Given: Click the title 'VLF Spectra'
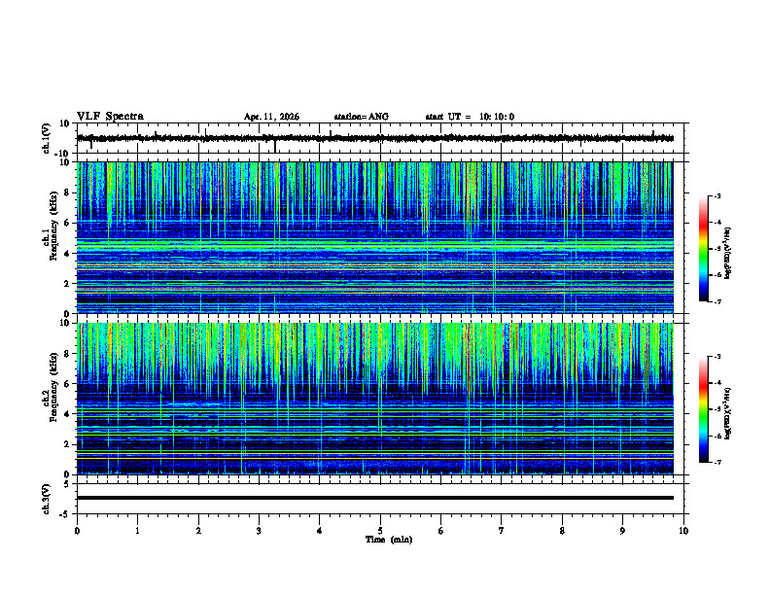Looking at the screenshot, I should point(110,117).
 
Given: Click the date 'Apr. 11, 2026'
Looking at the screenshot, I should point(271,117).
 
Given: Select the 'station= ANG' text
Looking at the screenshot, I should point(361,117).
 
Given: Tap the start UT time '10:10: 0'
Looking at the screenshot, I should point(497,117).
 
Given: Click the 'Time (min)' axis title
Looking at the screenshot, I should point(388,540).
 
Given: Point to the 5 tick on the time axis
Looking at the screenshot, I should point(380,531).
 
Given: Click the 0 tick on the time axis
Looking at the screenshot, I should point(77,531).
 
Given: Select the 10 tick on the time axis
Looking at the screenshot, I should point(683,531).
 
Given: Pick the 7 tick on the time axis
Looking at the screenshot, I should point(502,531).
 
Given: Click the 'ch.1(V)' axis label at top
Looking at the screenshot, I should point(47,138).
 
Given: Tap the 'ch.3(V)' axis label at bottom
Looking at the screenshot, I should point(47,497).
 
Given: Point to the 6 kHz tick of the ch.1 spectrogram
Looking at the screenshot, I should point(68,223).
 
